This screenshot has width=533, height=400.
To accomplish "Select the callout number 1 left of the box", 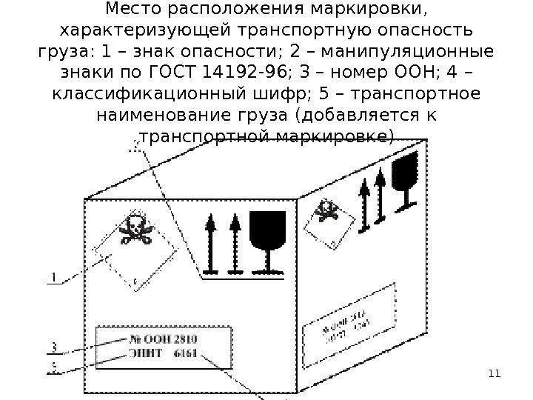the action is pyautogui.click(x=53, y=278).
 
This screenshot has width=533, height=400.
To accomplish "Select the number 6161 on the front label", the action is pyautogui.click(x=186, y=353).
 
